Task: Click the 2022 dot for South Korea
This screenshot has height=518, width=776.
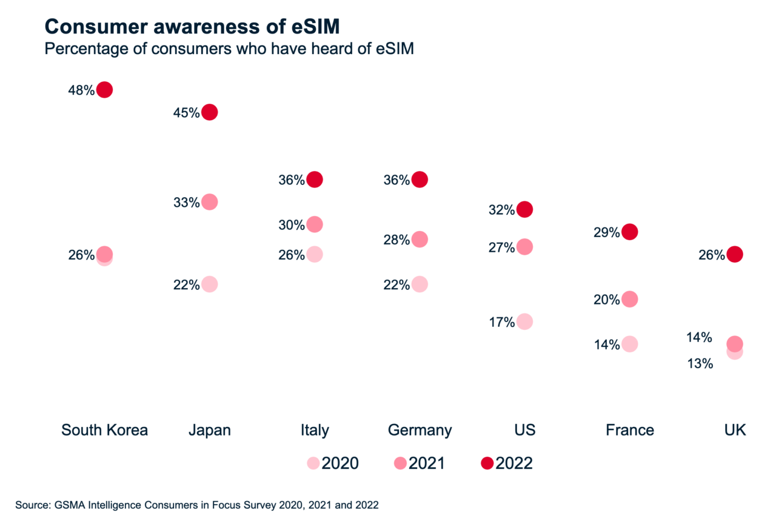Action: tap(104, 90)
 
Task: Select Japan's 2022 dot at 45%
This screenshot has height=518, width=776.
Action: tap(209, 112)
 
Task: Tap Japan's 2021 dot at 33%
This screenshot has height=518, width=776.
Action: tap(209, 202)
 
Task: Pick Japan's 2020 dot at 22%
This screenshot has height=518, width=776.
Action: tap(209, 284)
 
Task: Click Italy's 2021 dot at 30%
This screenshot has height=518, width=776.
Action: tap(314, 224)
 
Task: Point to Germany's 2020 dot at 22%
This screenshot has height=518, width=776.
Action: tap(420, 284)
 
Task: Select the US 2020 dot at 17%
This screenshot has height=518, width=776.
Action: tap(524, 321)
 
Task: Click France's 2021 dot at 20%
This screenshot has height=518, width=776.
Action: tap(629, 299)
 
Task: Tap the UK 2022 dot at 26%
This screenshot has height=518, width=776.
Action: tap(734, 254)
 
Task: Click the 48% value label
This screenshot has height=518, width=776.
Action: tap(81, 90)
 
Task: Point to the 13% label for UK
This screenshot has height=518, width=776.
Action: tap(700, 364)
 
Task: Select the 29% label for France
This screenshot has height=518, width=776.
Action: tap(606, 232)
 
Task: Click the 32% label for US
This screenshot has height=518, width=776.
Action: tap(501, 210)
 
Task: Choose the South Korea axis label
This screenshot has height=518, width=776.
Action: tap(104, 430)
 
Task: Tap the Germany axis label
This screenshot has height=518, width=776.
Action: tap(420, 430)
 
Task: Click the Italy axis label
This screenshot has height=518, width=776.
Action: tap(314, 430)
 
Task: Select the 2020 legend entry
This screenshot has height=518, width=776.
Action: tap(333, 463)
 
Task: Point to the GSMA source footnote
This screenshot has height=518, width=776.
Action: tap(197, 505)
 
